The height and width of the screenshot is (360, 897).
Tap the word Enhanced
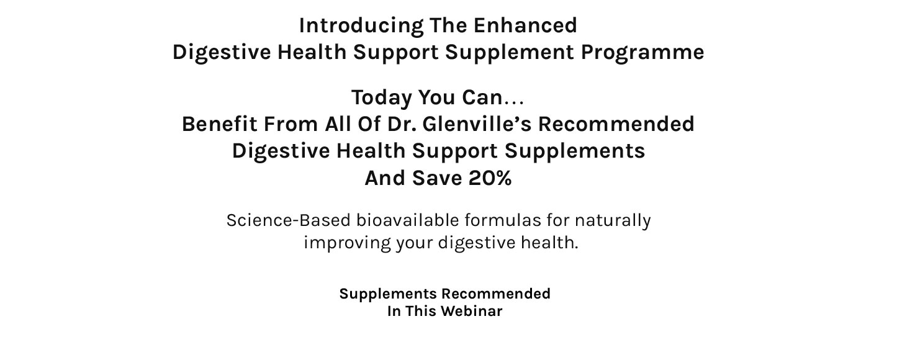[525, 25]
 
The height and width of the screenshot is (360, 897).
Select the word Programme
[642, 53]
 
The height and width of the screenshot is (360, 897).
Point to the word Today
[382, 98]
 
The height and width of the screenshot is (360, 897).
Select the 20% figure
[490, 178]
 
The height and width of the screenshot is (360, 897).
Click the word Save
[437, 178]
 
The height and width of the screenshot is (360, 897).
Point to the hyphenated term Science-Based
[288, 220]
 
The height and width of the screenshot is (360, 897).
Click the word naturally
[613, 221]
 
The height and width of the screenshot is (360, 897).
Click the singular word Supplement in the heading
[510, 53]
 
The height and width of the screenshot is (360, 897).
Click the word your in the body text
[415, 245]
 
